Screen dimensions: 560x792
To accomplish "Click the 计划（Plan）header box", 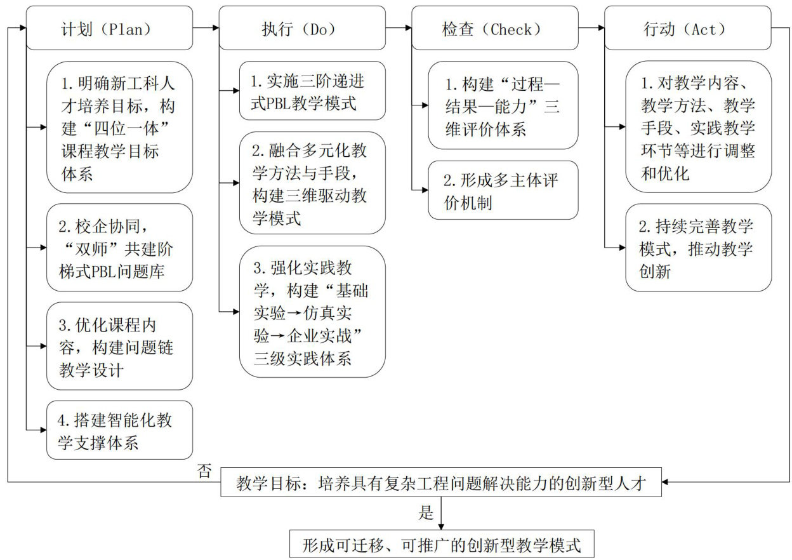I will point(110,28).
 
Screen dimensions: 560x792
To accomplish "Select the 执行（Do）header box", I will point(302,28).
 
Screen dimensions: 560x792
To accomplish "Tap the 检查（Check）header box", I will point(495,28).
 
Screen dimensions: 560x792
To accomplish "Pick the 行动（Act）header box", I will point(687,28).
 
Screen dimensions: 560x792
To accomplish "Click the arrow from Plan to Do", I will point(206,28).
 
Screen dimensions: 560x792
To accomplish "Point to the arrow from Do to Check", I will point(399,28).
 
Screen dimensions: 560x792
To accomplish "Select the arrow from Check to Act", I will point(591,28).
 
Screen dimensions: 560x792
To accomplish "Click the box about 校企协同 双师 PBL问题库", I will point(119,248).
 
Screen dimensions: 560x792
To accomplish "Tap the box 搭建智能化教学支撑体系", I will point(119,430).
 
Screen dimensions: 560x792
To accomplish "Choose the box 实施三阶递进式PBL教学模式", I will point(312,91).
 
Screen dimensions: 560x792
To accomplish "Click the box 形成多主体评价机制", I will point(503,190).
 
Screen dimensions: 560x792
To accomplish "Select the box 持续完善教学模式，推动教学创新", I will point(698,248).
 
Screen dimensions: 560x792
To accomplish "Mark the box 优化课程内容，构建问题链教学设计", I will point(119,346).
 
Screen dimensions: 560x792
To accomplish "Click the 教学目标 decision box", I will point(440,483).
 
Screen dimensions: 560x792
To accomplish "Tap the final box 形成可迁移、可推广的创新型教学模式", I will point(440,544).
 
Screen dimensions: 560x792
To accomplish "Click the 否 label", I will point(204,471).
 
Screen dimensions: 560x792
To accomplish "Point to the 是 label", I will point(426,512).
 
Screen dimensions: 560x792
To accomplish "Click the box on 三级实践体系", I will point(312,312).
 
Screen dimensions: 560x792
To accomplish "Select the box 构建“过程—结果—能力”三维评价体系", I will point(503,105).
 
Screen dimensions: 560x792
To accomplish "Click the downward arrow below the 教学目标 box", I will point(440,513).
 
